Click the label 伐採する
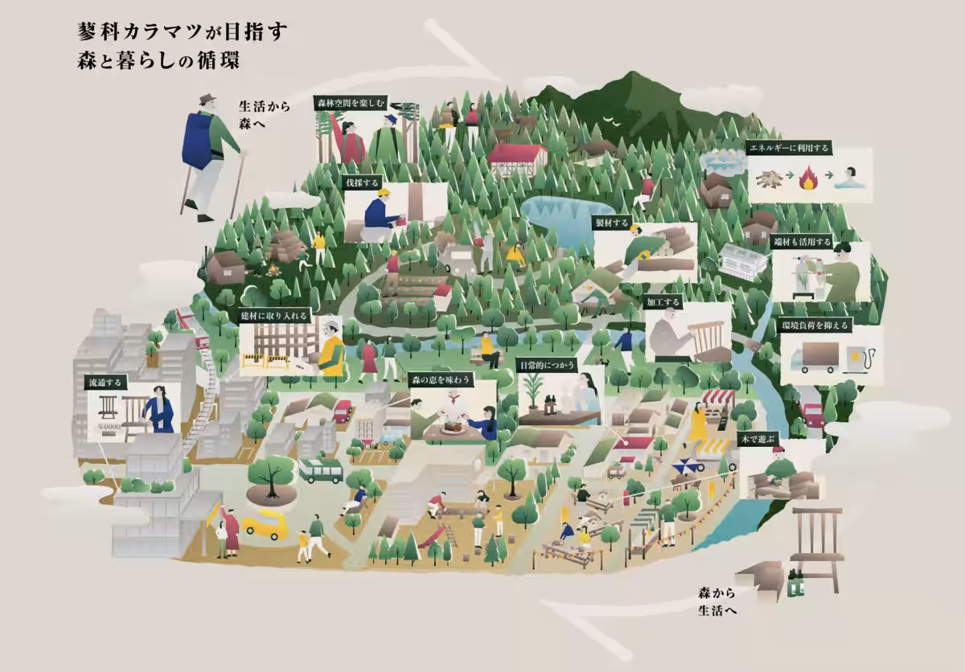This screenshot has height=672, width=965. coord(362,183)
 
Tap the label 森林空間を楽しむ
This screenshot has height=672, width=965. coord(351,103)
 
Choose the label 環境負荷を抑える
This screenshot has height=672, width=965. coord(815,326)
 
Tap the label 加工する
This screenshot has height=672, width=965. coord(663,302)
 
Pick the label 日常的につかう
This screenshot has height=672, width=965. coord(546,366)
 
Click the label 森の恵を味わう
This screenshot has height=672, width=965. coord(441,379)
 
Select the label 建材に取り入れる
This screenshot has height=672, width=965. coord(273,316)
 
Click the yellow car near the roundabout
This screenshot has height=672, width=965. coord(265,525)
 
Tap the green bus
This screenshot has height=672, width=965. coord(321,470)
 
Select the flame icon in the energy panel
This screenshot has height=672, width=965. coord(810,178)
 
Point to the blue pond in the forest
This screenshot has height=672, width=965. coord(563,217)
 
